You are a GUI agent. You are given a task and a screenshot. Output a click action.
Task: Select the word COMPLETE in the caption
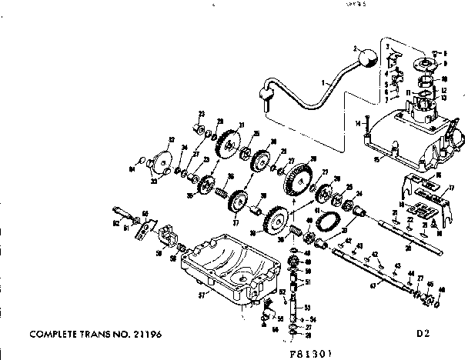56,335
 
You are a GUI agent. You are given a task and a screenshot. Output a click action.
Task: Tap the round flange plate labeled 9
423,63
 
